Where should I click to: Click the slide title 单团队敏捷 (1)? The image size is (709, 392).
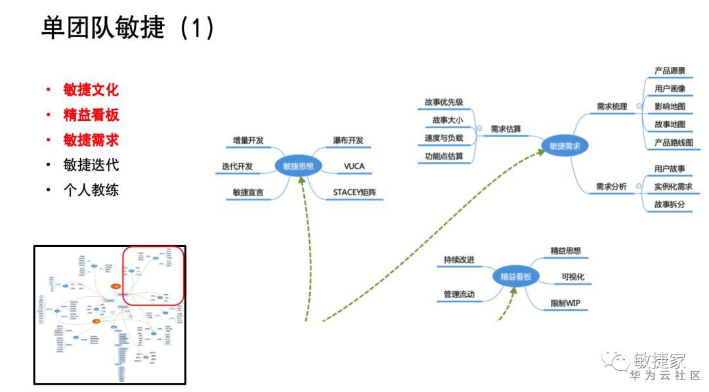pos(128,28)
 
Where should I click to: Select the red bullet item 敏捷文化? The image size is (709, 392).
pos(91,90)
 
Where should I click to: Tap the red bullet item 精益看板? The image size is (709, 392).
pos(91,115)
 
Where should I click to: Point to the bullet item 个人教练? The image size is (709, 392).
pos(91,190)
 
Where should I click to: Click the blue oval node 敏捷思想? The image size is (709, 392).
pos(298,166)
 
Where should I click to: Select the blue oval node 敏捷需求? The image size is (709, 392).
pos(565,146)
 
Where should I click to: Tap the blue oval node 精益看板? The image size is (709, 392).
pos(515,276)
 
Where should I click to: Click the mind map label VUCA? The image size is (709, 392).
pos(354,166)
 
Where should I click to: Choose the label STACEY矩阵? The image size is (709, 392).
pos(354,192)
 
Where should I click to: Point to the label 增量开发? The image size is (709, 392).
pos(248,141)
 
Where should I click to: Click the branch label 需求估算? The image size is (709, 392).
pos(506,129)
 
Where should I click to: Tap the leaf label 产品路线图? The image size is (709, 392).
pos(673,142)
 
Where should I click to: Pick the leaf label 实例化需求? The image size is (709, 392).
pos(673,186)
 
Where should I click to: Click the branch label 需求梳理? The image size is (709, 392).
pos(612,106)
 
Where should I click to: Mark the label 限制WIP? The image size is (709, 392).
pos(565,303)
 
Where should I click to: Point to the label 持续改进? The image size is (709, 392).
pos(459,259)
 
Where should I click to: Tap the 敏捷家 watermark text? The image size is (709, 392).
pos(659,360)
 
